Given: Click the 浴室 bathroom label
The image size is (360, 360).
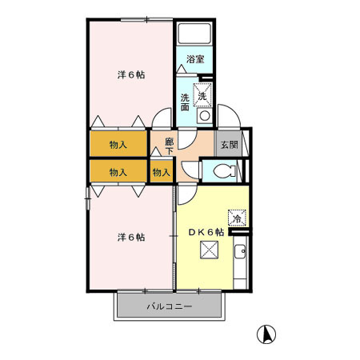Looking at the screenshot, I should [195, 59].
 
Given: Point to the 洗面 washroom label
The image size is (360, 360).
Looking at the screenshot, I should [185, 102].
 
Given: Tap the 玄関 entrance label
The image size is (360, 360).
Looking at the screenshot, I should [230, 145].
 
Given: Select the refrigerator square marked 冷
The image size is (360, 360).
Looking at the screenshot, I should [237, 216].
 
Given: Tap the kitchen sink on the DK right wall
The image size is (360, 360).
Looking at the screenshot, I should [239, 260].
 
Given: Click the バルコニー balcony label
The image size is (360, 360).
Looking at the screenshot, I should [168, 306].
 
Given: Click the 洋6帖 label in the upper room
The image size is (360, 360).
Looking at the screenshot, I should [131, 75].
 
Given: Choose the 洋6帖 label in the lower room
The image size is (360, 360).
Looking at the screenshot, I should [130, 237].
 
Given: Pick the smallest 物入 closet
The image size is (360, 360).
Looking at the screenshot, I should [161, 171].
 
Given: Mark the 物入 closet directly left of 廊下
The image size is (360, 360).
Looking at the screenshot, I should [118, 146].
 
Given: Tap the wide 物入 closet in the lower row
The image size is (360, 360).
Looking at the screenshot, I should [118, 171].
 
